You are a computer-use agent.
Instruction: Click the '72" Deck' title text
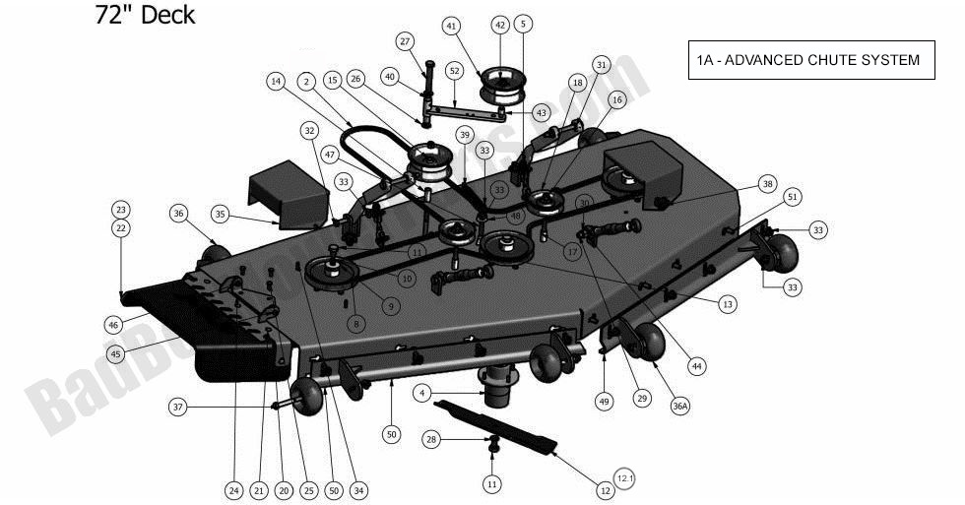145,16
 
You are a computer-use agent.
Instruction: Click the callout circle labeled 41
452,25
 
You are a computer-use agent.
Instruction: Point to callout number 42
499,25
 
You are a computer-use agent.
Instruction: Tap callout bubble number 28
430,439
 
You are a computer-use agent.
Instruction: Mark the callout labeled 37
178,407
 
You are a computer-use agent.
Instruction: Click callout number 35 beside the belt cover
220,214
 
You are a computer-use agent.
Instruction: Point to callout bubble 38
768,184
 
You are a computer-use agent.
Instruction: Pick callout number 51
792,197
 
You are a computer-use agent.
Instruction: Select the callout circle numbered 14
277,80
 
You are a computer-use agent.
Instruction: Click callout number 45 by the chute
115,353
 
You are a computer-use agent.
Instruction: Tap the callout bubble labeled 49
604,402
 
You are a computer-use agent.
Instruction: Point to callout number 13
728,305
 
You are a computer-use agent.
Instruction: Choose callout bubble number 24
233,490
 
